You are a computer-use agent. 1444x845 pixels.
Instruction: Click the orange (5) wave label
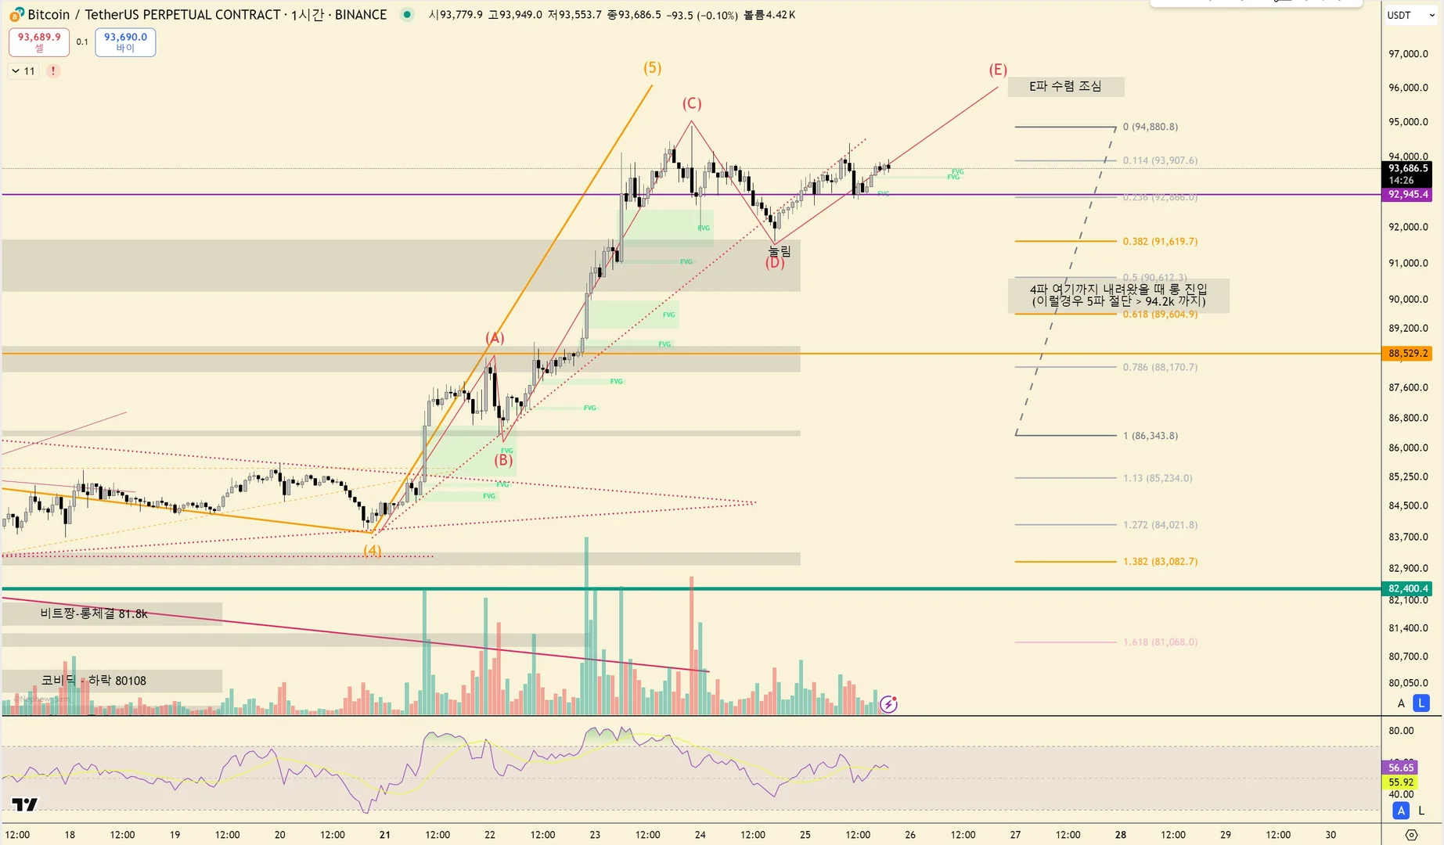click(652, 68)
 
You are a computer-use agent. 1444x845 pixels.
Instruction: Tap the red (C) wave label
click(691, 103)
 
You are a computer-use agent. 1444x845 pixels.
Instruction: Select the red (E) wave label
click(997, 70)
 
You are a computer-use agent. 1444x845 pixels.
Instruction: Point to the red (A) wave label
click(495, 338)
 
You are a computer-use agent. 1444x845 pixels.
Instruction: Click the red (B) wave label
click(503, 460)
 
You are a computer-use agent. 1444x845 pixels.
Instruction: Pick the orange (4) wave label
click(373, 550)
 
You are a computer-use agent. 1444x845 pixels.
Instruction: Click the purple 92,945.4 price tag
click(1407, 194)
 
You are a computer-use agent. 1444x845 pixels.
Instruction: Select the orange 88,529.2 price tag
click(1407, 354)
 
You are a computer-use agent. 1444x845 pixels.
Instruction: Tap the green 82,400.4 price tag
click(1407, 588)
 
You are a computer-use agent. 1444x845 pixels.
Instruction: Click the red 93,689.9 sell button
click(39, 41)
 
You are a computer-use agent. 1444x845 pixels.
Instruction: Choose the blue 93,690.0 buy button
click(125, 41)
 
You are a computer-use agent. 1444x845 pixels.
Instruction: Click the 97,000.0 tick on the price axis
click(1407, 54)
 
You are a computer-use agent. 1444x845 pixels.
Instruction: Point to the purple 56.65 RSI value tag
click(1400, 768)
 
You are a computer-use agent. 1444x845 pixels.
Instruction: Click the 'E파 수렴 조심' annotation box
click(1065, 86)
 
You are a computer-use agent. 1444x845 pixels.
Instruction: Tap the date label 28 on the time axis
click(1121, 835)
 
